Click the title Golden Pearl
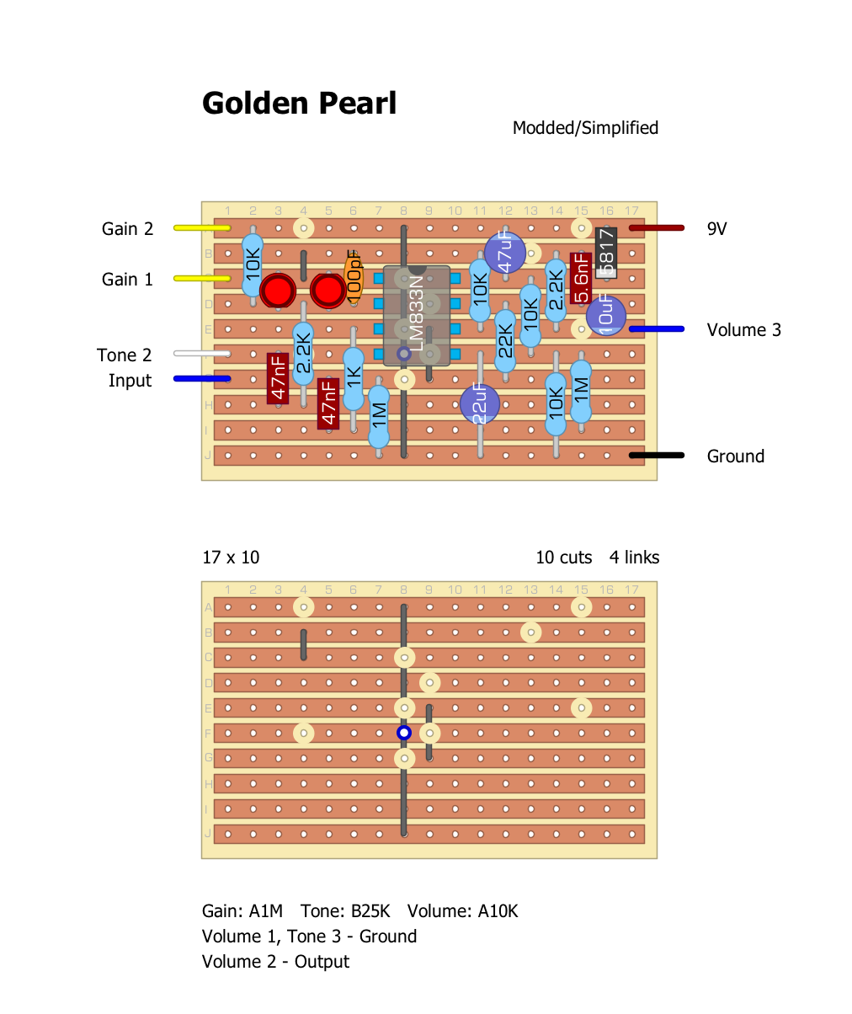tap(299, 104)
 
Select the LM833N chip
tap(417, 316)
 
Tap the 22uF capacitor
tap(480, 403)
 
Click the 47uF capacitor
tap(505, 252)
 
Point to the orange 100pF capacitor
tap(354, 275)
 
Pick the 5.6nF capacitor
tap(580, 277)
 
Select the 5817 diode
tap(606, 252)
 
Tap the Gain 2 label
tap(127, 229)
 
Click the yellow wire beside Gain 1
tap(200, 279)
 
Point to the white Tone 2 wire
tap(200, 354)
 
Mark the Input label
tap(130, 381)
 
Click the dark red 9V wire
tap(656, 227)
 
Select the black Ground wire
tap(656, 456)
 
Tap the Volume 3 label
tap(743, 330)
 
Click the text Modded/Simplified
tap(585, 128)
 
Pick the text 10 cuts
tap(563, 558)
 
